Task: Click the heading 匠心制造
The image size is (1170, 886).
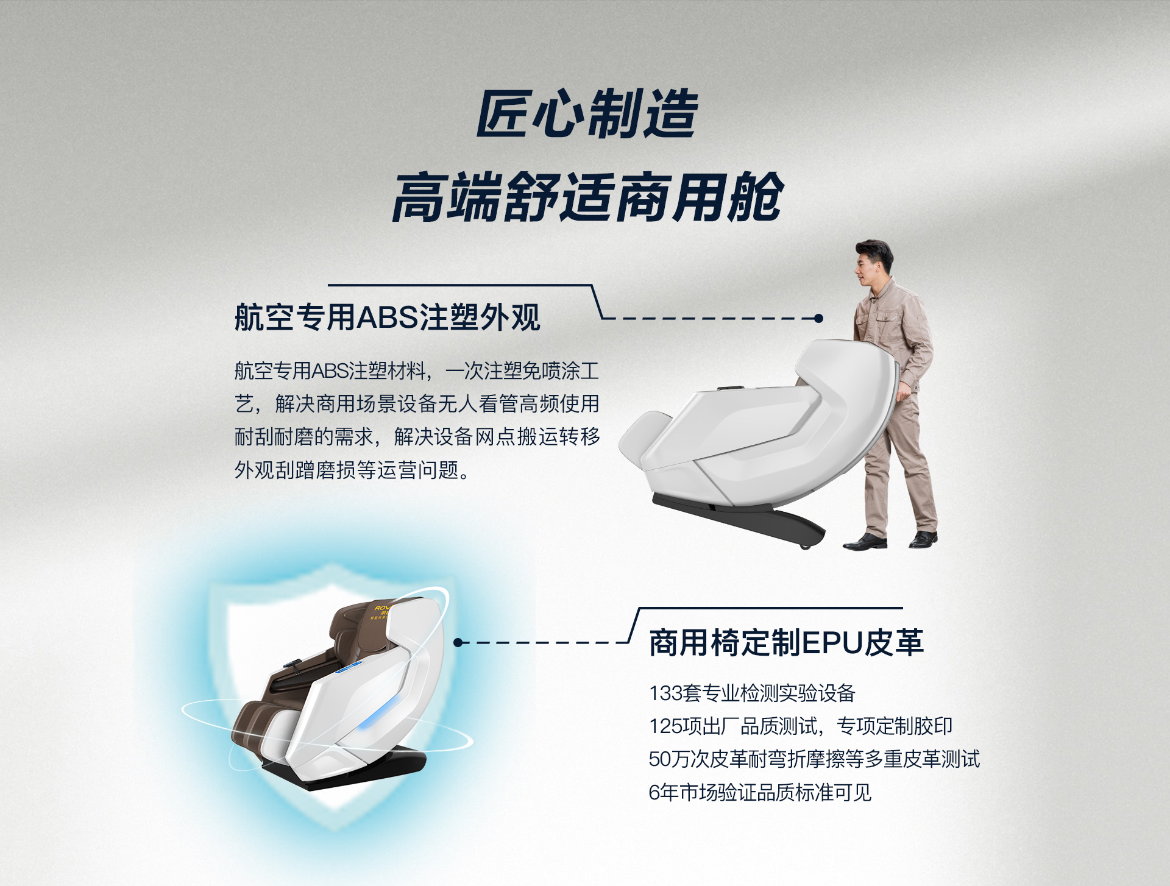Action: pyautogui.click(x=587, y=113)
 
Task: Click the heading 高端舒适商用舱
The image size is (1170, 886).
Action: pyautogui.click(x=587, y=197)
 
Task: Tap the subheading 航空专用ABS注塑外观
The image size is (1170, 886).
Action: pyautogui.click(x=388, y=317)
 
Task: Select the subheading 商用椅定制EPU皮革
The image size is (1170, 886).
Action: pyautogui.click(x=786, y=642)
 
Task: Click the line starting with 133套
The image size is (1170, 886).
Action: pyautogui.click(x=752, y=693)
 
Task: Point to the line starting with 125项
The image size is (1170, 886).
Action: pyautogui.click(x=800, y=726)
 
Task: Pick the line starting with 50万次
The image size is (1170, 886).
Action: pyautogui.click(x=814, y=759)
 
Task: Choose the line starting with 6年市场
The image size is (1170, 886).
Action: pyautogui.click(x=760, y=792)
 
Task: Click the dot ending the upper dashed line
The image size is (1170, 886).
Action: pyautogui.click(x=818, y=318)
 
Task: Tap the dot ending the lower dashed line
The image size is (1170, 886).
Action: pyautogui.click(x=458, y=642)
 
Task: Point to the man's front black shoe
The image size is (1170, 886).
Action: pyautogui.click(x=865, y=542)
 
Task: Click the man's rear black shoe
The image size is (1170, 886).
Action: pyautogui.click(x=923, y=539)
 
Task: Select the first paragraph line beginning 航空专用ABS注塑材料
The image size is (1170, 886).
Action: pyautogui.click(x=417, y=370)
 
